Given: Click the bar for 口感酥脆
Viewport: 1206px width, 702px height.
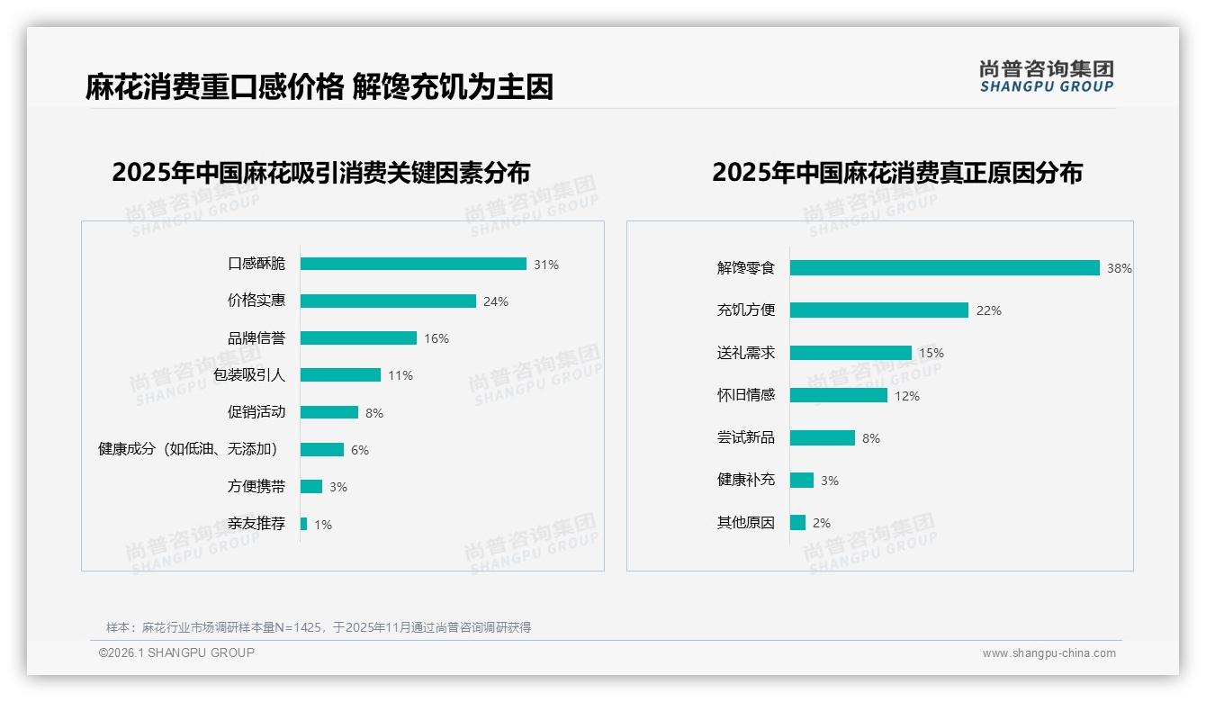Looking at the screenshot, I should [x=413, y=264].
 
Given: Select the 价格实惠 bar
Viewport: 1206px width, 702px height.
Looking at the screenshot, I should [x=388, y=301].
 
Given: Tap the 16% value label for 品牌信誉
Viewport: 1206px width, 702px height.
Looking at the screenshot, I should [x=436, y=338].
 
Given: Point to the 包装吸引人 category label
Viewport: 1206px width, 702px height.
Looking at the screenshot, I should [x=249, y=375].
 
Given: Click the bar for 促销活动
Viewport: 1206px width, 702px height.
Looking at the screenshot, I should [x=328, y=412].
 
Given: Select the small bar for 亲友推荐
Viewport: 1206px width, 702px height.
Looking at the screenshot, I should [x=304, y=524].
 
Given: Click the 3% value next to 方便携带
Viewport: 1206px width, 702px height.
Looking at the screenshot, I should [x=337, y=487].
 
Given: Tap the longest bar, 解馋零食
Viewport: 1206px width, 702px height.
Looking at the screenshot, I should [x=944, y=267].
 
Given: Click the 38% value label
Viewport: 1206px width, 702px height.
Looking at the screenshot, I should [x=1119, y=268].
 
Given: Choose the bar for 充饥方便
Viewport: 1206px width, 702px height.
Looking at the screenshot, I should [x=878, y=310].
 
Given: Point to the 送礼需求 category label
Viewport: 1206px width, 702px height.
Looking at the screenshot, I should [x=745, y=353].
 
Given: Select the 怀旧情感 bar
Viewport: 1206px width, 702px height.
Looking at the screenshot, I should [x=838, y=395].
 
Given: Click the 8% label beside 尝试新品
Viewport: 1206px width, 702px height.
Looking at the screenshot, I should [x=870, y=438].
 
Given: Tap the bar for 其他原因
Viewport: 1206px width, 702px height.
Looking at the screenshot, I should [x=797, y=522].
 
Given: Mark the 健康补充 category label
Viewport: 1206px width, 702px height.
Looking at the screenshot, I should [x=745, y=480].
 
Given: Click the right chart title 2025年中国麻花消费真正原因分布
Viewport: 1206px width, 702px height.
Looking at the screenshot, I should [x=896, y=172].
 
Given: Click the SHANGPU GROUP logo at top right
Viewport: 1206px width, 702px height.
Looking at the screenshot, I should [x=1046, y=76].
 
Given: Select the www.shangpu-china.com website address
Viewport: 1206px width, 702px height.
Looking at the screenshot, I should [x=1048, y=653].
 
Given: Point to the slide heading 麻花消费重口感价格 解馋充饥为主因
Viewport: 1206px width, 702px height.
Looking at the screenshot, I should [x=319, y=86].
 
